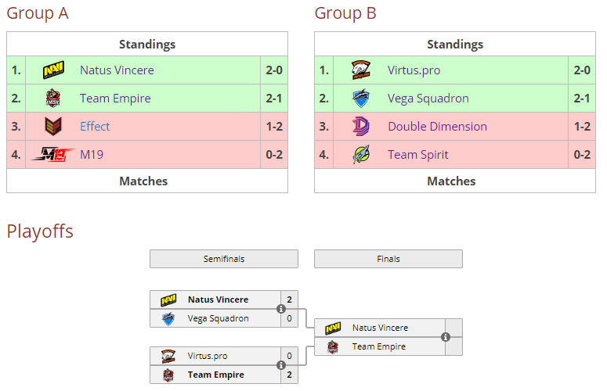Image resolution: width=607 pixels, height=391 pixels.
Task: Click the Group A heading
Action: tap(38, 13)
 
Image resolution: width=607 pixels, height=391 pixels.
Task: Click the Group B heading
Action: tap(345, 13)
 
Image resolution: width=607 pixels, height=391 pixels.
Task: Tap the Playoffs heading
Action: tap(40, 231)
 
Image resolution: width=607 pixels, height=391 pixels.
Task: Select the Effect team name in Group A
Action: tap(95, 127)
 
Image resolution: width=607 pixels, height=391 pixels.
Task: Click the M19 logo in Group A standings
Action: tap(53, 155)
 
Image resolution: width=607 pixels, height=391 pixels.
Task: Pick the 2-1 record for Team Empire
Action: tap(274, 99)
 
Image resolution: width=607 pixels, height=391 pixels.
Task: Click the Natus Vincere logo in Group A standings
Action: tap(53, 70)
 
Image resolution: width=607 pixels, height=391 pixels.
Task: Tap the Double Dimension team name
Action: tap(438, 127)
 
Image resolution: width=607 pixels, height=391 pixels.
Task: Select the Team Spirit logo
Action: tap(361, 155)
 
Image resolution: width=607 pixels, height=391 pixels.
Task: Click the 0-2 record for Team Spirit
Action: tap(582, 155)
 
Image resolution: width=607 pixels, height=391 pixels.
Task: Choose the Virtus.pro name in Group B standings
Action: tap(414, 70)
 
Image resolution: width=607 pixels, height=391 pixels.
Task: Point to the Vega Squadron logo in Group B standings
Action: tap(361, 98)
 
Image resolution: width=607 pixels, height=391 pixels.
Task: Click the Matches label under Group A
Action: tap(143, 181)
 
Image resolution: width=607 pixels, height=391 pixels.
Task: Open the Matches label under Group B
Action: tap(451, 181)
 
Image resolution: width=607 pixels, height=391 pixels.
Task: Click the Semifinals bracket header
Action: tap(224, 259)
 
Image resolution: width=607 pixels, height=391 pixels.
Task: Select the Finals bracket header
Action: tap(388, 259)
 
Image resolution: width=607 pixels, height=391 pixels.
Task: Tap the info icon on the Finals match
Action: tap(446, 337)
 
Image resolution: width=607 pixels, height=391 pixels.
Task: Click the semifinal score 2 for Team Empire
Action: tap(289, 375)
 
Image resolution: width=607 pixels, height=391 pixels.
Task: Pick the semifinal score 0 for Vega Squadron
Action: tap(289, 318)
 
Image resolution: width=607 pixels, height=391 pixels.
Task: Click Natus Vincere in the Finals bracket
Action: tap(380, 328)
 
